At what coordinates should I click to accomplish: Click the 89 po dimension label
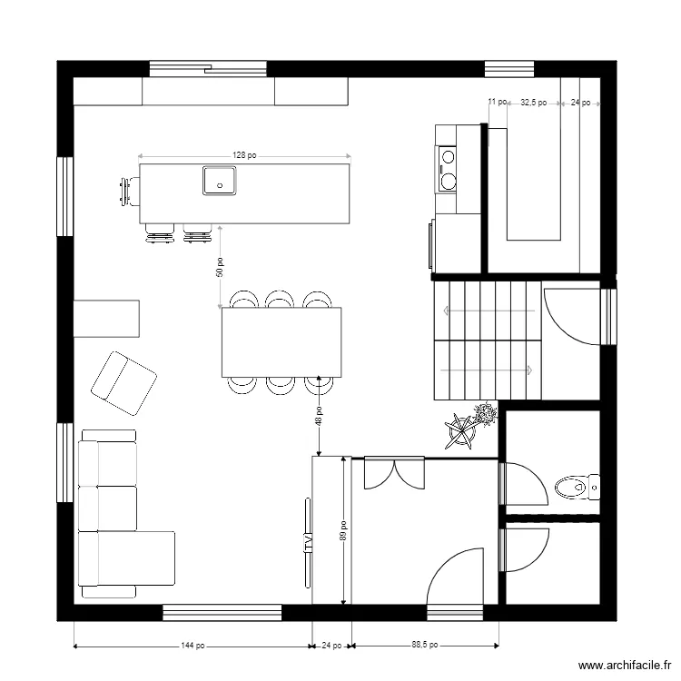tap(342, 529)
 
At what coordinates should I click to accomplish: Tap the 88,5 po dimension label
tap(425, 646)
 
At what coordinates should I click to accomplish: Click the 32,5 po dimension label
tap(533, 104)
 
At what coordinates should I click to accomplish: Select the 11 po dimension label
tap(496, 104)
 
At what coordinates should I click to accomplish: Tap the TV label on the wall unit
tap(308, 545)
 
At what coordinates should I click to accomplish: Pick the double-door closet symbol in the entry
tap(394, 472)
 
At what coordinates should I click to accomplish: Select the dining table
tap(281, 342)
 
